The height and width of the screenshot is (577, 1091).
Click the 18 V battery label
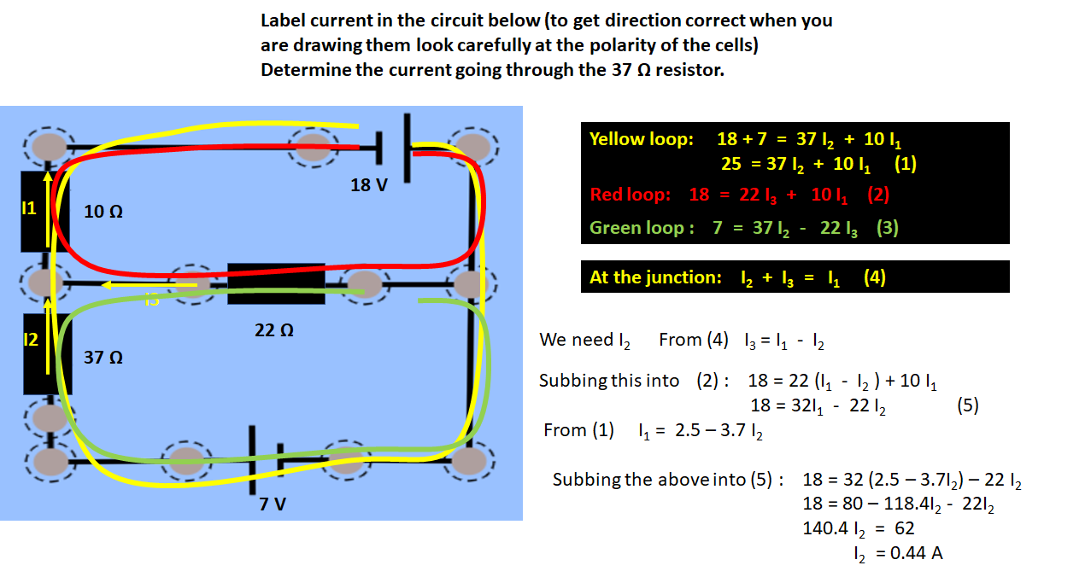[368, 184]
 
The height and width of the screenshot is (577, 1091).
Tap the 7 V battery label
[273, 504]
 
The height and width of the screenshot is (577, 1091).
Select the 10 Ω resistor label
[103, 212]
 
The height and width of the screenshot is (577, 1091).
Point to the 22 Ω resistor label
[273, 329]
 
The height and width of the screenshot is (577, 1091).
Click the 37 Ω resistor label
[103, 358]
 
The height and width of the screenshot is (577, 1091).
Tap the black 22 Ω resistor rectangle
[276, 283]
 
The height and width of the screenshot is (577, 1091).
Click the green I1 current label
[29, 208]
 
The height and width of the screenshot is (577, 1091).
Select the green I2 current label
[30, 340]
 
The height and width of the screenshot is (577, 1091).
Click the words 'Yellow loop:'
[642, 139]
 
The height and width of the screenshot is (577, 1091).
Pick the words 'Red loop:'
[631, 195]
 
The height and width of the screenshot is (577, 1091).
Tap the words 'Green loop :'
[637, 228]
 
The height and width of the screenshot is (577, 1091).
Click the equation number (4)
[874, 277]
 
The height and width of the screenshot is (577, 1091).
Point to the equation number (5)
[967, 406]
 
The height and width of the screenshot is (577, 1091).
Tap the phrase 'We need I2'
[584, 341]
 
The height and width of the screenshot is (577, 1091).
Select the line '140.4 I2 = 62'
[858, 528]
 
